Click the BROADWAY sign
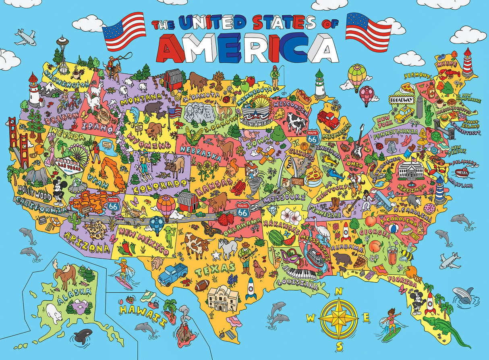point(401,99)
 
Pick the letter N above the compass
point(339,291)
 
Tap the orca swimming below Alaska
point(83,336)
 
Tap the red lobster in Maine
point(450,74)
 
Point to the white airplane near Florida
point(450,260)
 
